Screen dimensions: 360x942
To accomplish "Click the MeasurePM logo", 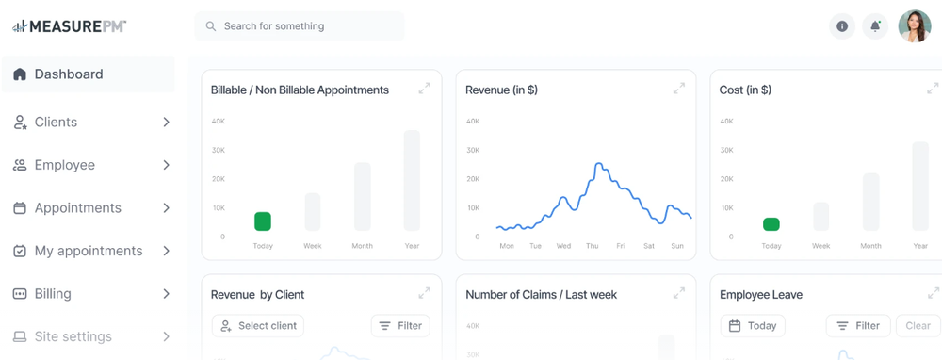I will pyautogui.click(x=69, y=26).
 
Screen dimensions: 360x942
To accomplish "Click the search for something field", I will pyautogui.click(x=300, y=26).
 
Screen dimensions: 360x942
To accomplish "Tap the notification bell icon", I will pyautogui.click(x=875, y=26).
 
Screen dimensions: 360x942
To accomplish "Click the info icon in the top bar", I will pyautogui.click(x=842, y=26).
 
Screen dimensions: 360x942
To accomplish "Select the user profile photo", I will pyautogui.click(x=914, y=26).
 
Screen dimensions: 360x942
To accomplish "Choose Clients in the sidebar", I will pyautogui.click(x=57, y=123).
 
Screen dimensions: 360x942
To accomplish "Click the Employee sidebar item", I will pyautogui.click(x=65, y=165).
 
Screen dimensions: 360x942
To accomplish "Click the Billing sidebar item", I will pyautogui.click(x=53, y=294).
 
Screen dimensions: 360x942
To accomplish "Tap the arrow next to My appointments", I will pyautogui.click(x=166, y=251).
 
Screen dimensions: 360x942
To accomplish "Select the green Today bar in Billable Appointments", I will pyautogui.click(x=263, y=221).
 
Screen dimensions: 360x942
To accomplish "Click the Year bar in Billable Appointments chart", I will pyautogui.click(x=412, y=180).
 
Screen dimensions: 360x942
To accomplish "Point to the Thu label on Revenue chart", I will pyautogui.click(x=592, y=246).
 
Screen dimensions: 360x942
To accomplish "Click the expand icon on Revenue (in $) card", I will pyautogui.click(x=678, y=89).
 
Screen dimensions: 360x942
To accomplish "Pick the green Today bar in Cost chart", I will pyautogui.click(x=771, y=224).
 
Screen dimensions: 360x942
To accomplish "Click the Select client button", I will pyautogui.click(x=258, y=326).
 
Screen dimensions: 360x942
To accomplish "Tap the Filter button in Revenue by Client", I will pyautogui.click(x=400, y=326).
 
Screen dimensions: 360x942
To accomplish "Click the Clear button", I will pyautogui.click(x=918, y=326).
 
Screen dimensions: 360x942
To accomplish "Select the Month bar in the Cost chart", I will pyautogui.click(x=871, y=202).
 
